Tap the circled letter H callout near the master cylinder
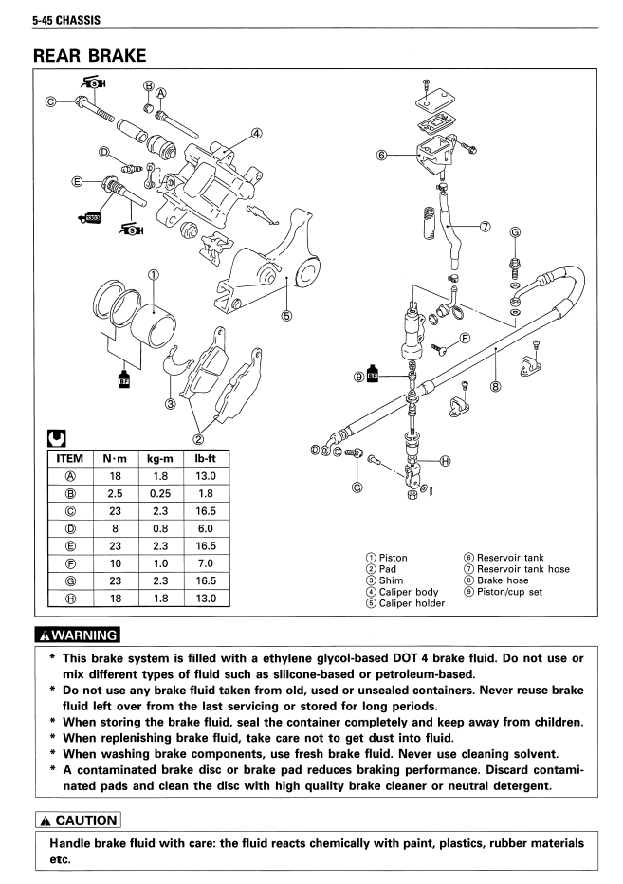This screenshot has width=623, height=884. pyautogui.click(x=445, y=462)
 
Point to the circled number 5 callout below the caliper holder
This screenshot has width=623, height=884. pyautogui.click(x=287, y=316)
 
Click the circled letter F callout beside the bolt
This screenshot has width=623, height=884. pyautogui.click(x=465, y=337)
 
